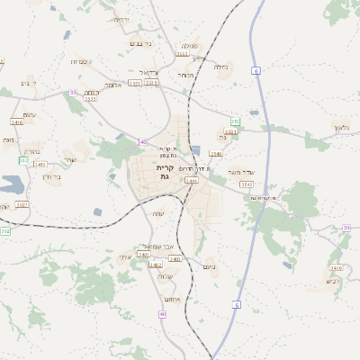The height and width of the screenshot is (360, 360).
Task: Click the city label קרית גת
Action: [x=163, y=172]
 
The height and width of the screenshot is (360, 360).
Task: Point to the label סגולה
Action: [x=189, y=45]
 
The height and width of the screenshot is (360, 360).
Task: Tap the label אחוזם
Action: [x=173, y=298]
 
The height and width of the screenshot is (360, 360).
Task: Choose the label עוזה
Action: [x=158, y=212]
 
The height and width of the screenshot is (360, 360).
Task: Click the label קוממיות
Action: [x=79, y=61]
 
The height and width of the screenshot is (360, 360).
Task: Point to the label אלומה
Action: [x=112, y=85]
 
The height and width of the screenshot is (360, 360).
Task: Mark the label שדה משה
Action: [x=245, y=172]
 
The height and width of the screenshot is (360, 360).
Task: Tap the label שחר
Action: [x=69, y=160]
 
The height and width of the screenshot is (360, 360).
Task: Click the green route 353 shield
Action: [x=235, y=121]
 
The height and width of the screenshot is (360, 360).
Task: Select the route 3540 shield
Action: [x=216, y=154]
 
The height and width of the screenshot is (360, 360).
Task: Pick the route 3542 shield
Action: [x=246, y=184]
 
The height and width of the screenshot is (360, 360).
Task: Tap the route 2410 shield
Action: [x=336, y=268]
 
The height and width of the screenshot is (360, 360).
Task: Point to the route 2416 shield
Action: [x=17, y=121]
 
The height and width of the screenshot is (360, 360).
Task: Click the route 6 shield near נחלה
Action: [x=256, y=69]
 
